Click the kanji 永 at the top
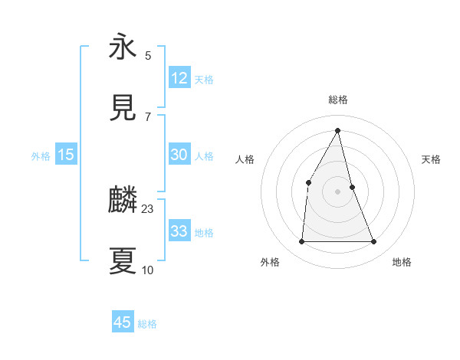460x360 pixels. [x=123, y=47]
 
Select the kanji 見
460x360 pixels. [x=123, y=108]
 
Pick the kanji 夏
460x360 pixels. [x=123, y=261]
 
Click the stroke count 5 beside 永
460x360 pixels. [x=148, y=55]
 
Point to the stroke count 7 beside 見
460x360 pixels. [x=148, y=116]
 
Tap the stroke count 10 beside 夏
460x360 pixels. [x=148, y=270]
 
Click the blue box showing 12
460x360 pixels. [x=179, y=78]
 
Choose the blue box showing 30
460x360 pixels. [x=179, y=155]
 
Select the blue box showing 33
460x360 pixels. [x=179, y=231]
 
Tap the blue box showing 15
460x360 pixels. [x=66, y=155]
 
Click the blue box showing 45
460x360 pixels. [x=123, y=322]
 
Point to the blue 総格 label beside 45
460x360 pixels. [x=147, y=324]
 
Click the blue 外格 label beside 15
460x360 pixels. [x=41, y=156]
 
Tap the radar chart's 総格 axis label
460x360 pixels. [x=338, y=100]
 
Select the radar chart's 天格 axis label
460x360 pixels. [x=432, y=159]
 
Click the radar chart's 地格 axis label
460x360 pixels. [x=402, y=262]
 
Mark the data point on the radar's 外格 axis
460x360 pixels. [x=301, y=242]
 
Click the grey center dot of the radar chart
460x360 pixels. [x=338, y=191]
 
